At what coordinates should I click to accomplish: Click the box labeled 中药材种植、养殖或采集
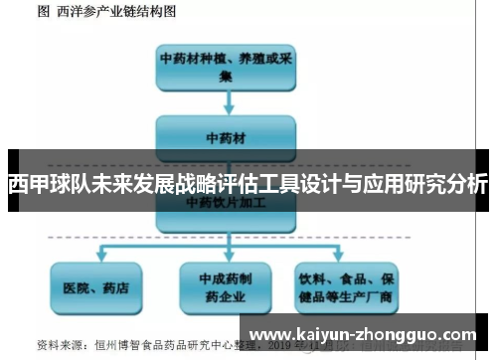pos(226,66)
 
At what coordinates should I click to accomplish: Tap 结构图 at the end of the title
pos(159,12)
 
